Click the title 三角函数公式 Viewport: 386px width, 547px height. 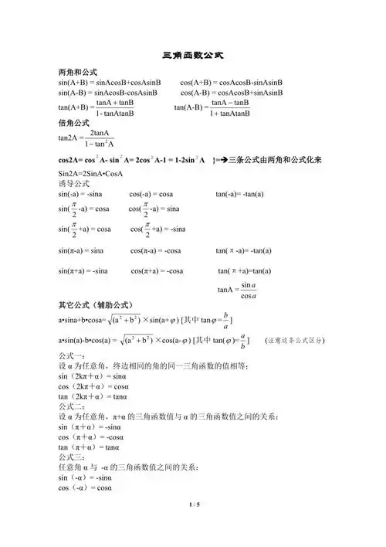(193, 56)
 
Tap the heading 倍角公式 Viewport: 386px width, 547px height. (74, 123)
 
